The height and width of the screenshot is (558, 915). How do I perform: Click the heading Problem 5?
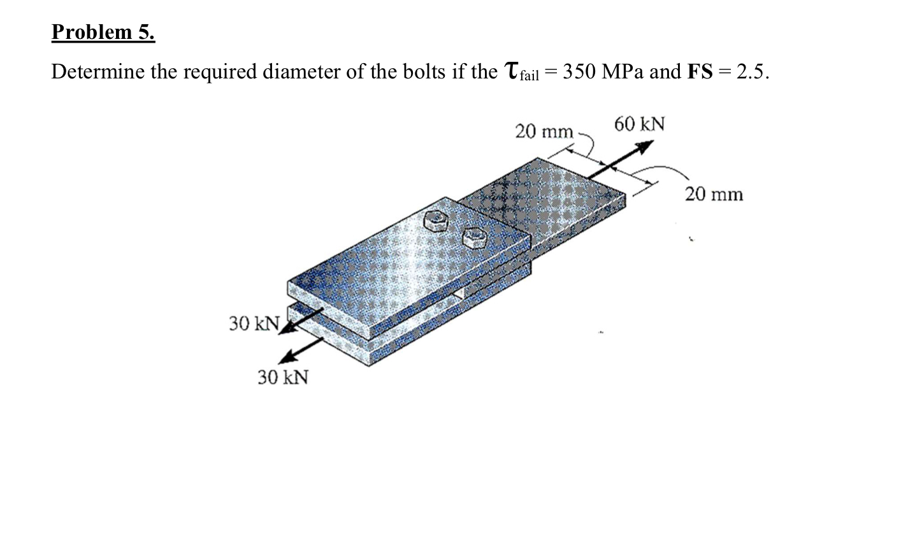pos(103,32)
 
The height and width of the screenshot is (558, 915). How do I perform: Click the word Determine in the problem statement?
pos(97,71)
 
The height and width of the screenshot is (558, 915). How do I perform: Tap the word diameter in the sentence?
pos(301,71)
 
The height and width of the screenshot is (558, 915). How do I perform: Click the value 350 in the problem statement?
pos(579,71)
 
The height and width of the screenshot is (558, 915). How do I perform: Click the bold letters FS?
pos(700,71)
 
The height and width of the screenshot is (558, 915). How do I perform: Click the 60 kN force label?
pos(639,124)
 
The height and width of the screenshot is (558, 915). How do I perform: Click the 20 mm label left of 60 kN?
pos(544,131)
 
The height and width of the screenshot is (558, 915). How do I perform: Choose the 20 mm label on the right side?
pos(714,194)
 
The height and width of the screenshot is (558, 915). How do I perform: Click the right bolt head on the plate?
pos(475,237)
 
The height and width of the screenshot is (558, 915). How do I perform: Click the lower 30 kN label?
pos(283,377)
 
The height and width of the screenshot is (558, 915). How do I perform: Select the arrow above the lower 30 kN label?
pos(303,349)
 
